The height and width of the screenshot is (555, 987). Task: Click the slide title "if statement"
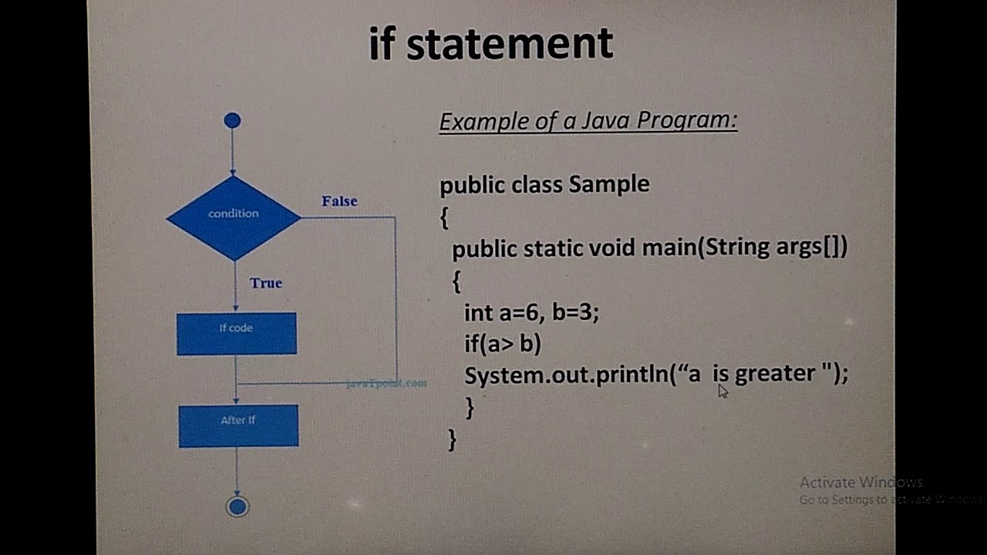pos(490,44)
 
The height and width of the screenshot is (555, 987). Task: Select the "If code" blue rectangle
pos(236,334)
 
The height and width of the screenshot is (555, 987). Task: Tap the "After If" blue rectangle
pos(238,425)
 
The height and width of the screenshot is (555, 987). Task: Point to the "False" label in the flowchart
pos(339,201)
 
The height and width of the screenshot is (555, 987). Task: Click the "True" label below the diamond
pos(266,283)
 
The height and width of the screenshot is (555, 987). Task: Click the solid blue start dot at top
pos(232,120)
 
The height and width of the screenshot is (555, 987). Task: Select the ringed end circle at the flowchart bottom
pos(237,506)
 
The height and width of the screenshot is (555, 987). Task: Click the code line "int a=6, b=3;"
pos(531,312)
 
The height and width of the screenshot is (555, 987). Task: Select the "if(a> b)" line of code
pos(503,343)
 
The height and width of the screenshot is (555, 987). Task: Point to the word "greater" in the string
pos(774,374)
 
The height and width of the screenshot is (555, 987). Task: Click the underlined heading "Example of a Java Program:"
pos(588,121)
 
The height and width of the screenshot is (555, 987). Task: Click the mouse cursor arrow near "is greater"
pos(723,391)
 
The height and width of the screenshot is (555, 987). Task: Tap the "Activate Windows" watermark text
pos(860,483)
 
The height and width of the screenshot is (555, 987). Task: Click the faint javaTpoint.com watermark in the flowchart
pos(386,383)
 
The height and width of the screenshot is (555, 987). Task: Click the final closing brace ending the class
pos(452,440)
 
